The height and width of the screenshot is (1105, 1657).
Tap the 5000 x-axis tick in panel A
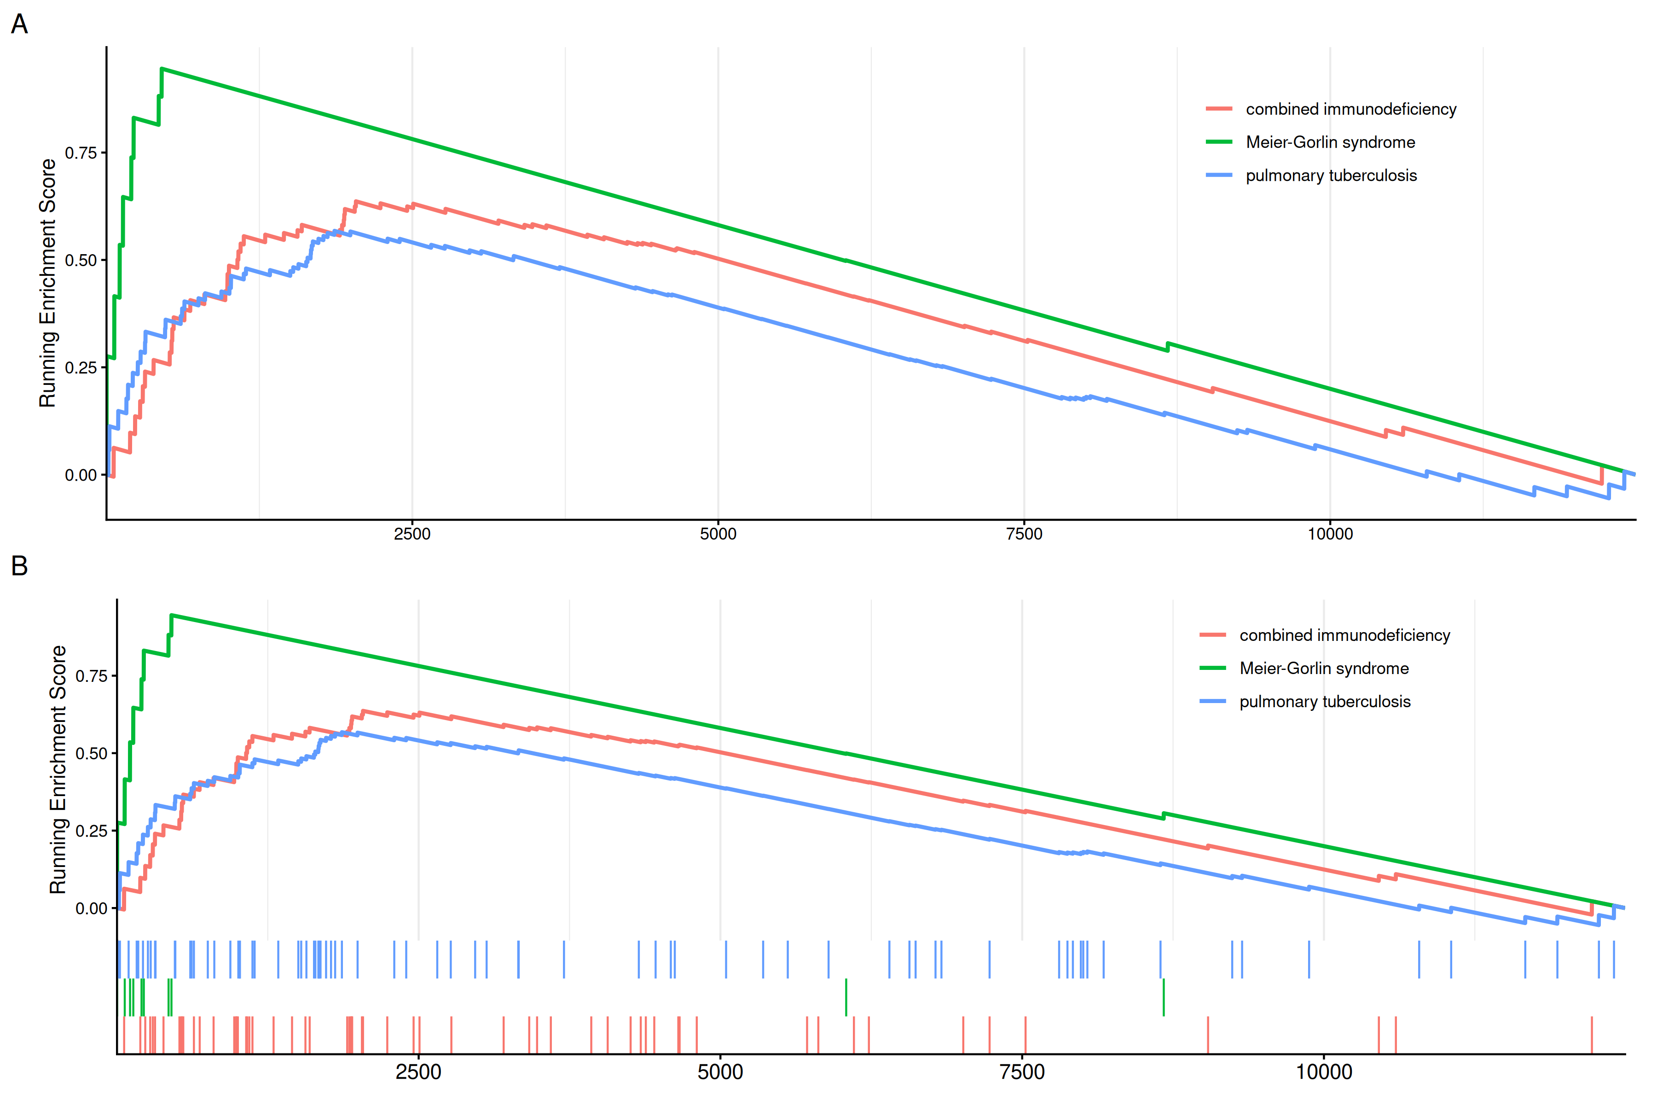[718, 534]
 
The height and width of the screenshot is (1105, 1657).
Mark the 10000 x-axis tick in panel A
[1330, 534]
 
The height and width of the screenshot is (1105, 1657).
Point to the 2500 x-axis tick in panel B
[418, 1073]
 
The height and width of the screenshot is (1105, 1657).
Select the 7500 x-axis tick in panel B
[1022, 1073]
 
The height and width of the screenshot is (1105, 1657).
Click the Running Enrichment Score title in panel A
[47, 283]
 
